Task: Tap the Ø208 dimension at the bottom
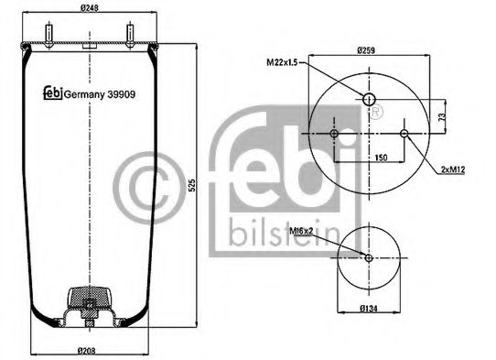[x=89, y=352]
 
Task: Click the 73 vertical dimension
[x=442, y=117]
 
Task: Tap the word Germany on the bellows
[x=81, y=93]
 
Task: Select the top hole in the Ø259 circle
[x=368, y=99]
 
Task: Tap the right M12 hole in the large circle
[x=403, y=136]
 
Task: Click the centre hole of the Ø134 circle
[x=368, y=257]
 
